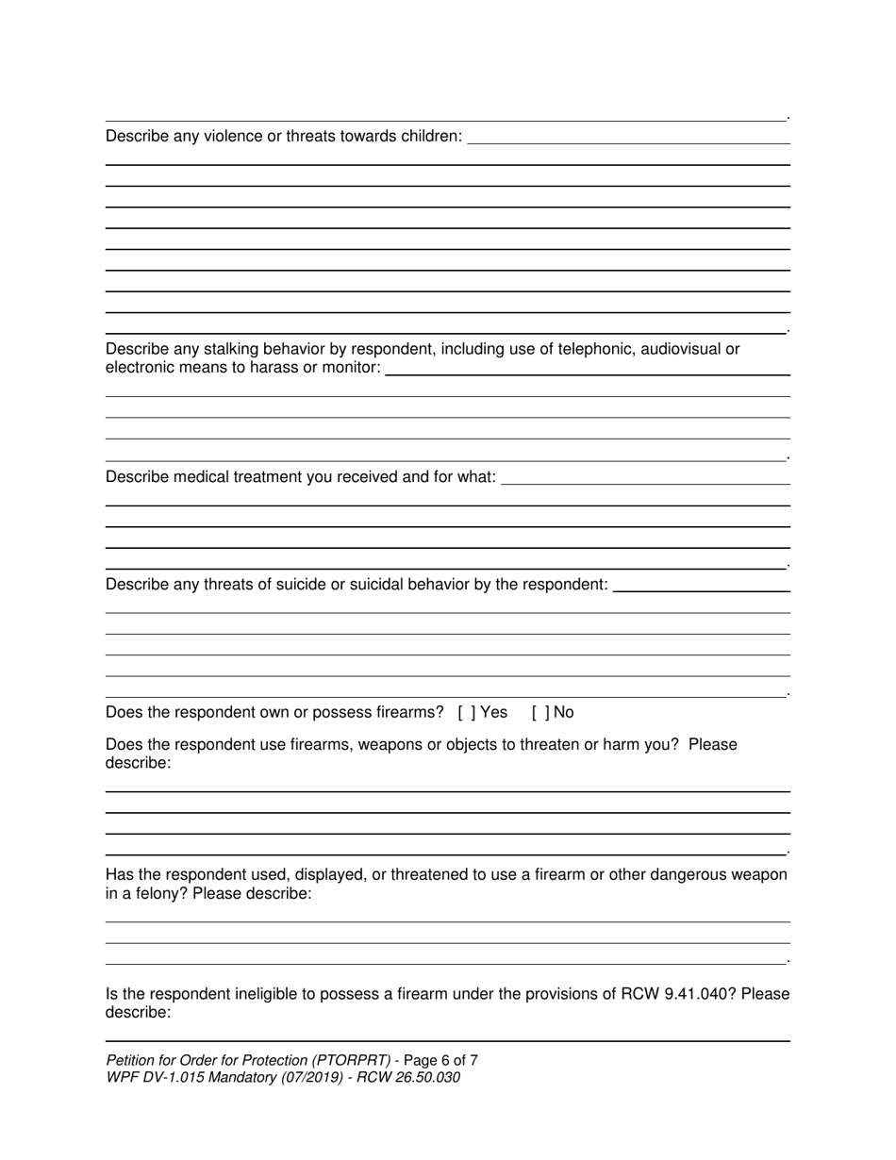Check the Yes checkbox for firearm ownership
(466, 712)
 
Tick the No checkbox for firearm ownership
(539, 712)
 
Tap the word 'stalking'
(232, 349)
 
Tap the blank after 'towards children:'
(628, 139)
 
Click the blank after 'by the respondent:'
(701, 587)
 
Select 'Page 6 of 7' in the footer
(440, 1060)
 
